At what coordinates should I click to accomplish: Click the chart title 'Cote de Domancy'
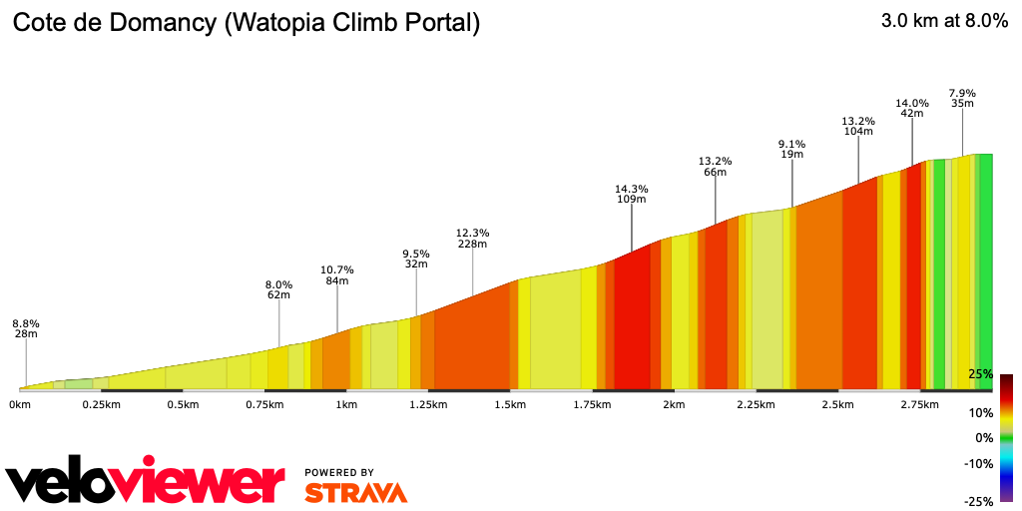pyautogui.click(x=246, y=23)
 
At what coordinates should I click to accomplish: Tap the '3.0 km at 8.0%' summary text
pyautogui.click(x=944, y=22)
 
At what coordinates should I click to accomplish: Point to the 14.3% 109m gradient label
pyautogui.click(x=631, y=194)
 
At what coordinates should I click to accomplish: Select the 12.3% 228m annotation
pyautogui.click(x=472, y=239)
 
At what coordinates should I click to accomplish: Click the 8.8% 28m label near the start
pyautogui.click(x=25, y=328)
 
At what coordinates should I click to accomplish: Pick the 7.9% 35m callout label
pyautogui.click(x=962, y=98)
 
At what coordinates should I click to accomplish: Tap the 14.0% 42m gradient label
pyautogui.click(x=911, y=108)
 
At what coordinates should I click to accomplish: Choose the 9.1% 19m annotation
pyautogui.click(x=791, y=149)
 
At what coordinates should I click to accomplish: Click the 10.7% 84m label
pyautogui.click(x=337, y=275)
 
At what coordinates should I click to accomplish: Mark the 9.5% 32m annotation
pyautogui.click(x=415, y=258)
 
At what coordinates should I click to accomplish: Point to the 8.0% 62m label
pyautogui.click(x=278, y=289)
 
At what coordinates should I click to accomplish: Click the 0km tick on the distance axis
pyautogui.click(x=19, y=404)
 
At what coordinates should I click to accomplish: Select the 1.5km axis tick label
pyautogui.click(x=510, y=404)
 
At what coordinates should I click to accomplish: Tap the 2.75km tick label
pyautogui.click(x=919, y=404)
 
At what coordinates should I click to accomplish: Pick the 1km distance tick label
pyautogui.click(x=346, y=404)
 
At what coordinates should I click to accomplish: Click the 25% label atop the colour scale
pyautogui.click(x=980, y=374)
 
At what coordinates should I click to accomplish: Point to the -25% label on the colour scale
pyautogui.click(x=978, y=501)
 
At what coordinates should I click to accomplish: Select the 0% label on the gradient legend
pyautogui.click(x=983, y=438)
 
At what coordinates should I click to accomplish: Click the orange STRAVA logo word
pyautogui.click(x=355, y=493)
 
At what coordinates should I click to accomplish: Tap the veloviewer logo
pyautogui.click(x=145, y=484)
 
